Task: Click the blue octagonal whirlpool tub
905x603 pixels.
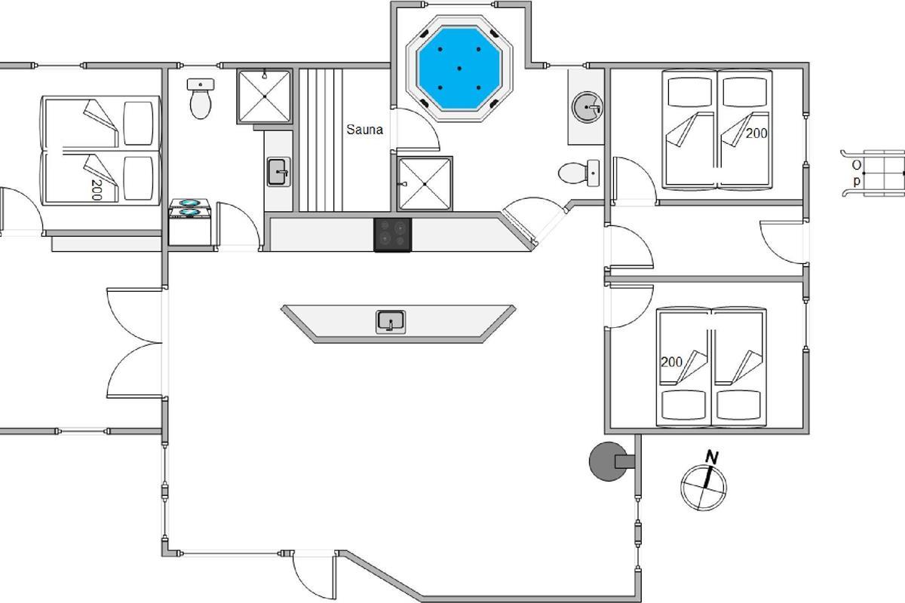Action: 459,69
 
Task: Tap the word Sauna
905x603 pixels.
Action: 364,130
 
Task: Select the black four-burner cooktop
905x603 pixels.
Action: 393,234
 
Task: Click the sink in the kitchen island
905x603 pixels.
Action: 391,322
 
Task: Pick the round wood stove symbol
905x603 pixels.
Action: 608,461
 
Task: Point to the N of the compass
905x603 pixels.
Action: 711,458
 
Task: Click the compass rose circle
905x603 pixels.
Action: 704,488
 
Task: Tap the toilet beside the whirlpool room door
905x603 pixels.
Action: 578,173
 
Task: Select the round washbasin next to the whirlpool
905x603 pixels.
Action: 587,107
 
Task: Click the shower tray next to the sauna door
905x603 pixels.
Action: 425,184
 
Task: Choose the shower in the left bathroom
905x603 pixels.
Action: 265,96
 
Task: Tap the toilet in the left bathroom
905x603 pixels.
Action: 201,99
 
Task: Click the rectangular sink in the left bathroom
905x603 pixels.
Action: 278,172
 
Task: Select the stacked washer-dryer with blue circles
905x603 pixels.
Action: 190,222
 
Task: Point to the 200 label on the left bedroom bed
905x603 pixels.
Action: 97,190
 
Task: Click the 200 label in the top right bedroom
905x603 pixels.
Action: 756,133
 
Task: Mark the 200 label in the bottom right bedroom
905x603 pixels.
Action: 671,362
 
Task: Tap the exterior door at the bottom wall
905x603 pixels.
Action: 314,575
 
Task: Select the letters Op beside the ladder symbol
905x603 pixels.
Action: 856,173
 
